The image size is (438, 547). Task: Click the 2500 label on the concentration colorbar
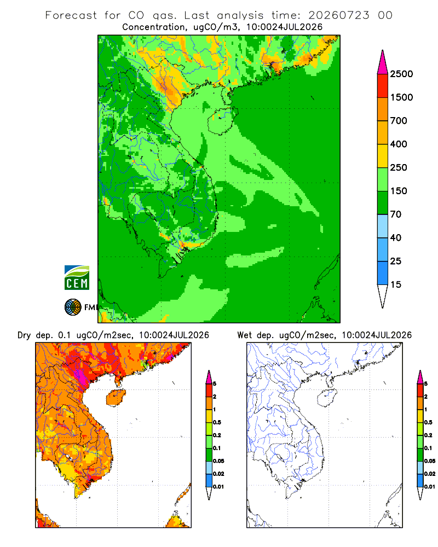point(401,74)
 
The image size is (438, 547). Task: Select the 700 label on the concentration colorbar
point(399,121)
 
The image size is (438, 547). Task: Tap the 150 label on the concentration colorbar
point(399,191)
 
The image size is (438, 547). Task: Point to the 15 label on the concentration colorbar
point(396,284)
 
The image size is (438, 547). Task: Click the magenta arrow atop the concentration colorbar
point(383,63)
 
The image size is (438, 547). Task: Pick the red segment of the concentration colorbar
point(383,86)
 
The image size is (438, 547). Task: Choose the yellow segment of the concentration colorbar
point(383,156)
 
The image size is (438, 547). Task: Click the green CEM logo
point(77,278)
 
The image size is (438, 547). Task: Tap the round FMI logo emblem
point(73,307)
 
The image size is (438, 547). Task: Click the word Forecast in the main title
point(71,15)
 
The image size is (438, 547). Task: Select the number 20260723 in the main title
point(338,15)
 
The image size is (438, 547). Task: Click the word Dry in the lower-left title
point(24,335)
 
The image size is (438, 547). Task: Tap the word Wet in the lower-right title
point(244,335)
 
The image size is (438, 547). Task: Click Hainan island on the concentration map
point(222,121)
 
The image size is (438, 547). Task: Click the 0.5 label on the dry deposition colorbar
point(217,422)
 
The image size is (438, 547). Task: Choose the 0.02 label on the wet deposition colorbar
point(430,474)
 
